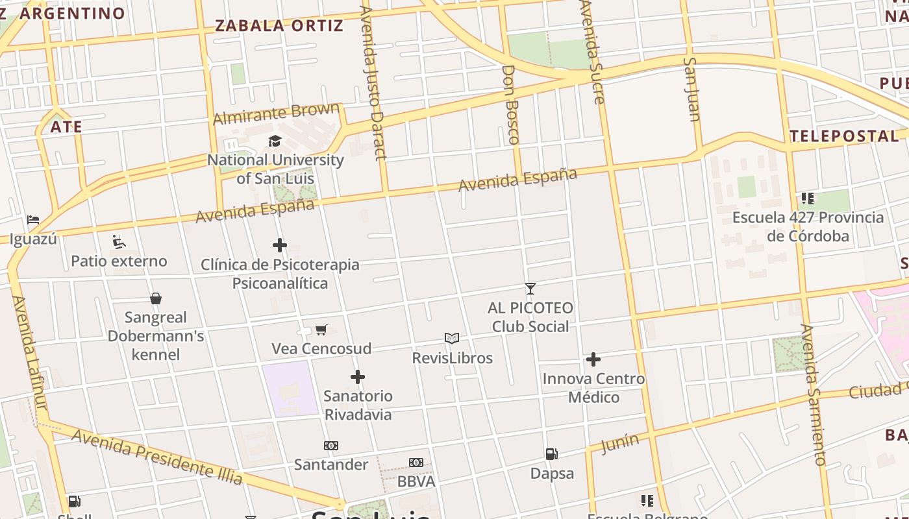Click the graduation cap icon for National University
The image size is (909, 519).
pyautogui.click(x=275, y=141)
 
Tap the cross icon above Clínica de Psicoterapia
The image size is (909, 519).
pyautogui.click(x=280, y=245)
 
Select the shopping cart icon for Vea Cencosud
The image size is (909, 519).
pyautogui.click(x=321, y=330)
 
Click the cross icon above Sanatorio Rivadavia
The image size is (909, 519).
pyautogui.click(x=358, y=377)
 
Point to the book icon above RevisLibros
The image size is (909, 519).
pyautogui.click(x=452, y=338)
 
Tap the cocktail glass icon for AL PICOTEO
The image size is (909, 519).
pyautogui.click(x=530, y=289)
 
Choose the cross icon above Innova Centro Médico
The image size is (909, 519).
pyautogui.click(x=593, y=359)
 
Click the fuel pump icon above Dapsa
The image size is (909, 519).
pyautogui.click(x=551, y=454)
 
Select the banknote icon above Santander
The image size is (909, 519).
pyautogui.click(x=331, y=446)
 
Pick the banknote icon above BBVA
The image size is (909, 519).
pyautogui.click(x=416, y=463)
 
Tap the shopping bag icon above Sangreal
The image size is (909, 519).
pyautogui.click(x=156, y=298)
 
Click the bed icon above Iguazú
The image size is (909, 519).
pyautogui.click(x=33, y=220)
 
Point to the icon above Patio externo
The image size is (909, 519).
pyautogui.click(x=119, y=242)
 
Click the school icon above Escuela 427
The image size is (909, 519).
pyautogui.click(x=808, y=198)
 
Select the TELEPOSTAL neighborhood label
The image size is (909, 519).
pyautogui.click(x=844, y=136)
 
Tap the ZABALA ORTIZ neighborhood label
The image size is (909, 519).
pyautogui.click(x=279, y=26)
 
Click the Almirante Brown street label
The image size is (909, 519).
pyautogui.click(x=277, y=114)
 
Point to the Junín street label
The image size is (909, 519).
pyautogui.click(x=620, y=444)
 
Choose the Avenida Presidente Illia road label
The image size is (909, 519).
pyautogui.click(x=157, y=457)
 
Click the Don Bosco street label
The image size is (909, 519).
pyautogui.click(x=512, y=104)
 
